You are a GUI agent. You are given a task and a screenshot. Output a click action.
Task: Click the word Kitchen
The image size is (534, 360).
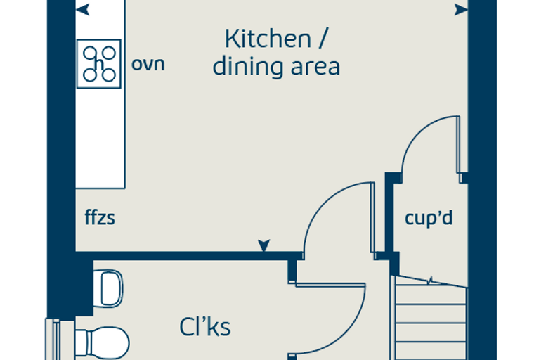point(268,39)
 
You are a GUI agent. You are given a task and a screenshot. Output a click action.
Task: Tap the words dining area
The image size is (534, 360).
point(276,66)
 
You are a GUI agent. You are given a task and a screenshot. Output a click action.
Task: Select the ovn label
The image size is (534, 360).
point(148,64)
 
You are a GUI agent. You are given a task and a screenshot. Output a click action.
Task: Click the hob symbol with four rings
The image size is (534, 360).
point(99,64)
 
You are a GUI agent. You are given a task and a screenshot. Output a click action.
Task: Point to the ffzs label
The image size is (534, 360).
point(100,217)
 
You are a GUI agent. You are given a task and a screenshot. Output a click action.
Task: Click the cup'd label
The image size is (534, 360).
point(429,217)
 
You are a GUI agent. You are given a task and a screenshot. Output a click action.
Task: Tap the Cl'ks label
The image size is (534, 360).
point(204,326)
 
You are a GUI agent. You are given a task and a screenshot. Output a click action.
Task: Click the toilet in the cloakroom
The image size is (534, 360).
point(101,343)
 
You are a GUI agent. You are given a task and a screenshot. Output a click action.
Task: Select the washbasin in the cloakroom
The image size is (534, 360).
point(108,288)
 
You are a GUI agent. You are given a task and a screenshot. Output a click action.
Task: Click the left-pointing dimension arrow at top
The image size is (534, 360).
point(83,10)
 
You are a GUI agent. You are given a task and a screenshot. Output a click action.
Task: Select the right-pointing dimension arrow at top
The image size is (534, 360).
point(461,10)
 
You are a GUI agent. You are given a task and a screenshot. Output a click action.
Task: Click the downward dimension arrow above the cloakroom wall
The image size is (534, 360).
point(264,245)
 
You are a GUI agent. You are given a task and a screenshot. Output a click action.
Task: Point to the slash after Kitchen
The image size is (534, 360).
point(323,39)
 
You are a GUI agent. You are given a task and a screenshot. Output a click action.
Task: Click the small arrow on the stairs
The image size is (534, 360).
point(430,281)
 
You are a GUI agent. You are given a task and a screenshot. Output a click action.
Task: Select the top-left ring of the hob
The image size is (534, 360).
point(90,53)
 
